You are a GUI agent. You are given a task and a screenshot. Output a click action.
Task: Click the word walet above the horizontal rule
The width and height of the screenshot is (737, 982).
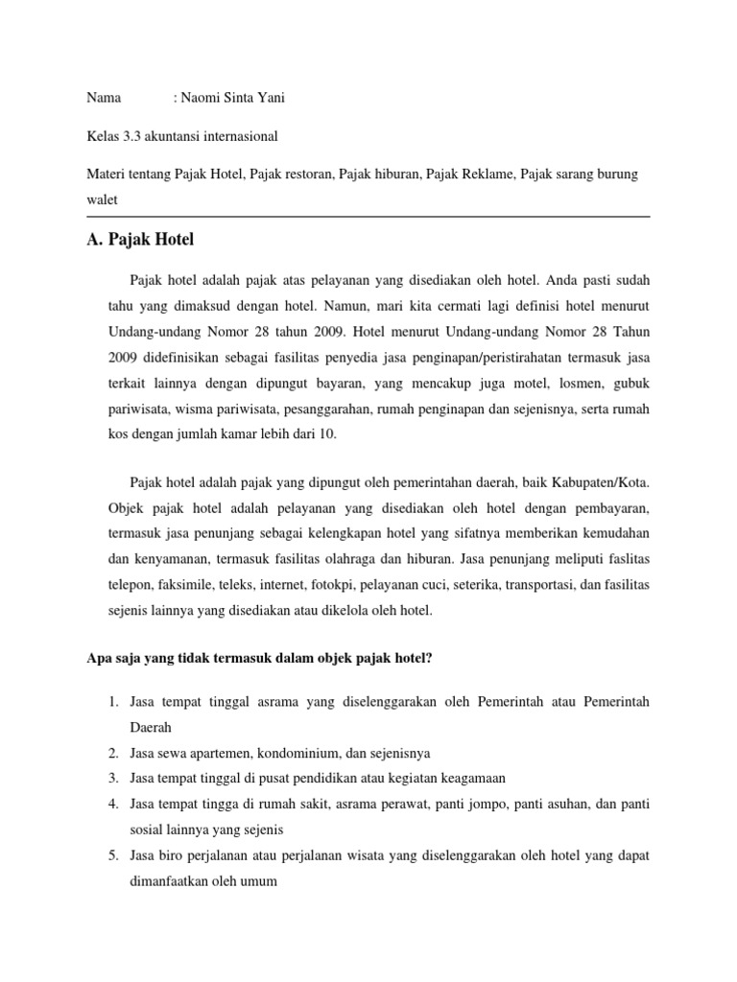coord(102,199)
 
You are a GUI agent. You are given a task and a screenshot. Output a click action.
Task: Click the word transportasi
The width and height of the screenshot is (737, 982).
coord(542,584)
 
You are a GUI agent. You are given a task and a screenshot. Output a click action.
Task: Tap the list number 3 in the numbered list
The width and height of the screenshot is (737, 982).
coord(112,778)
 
